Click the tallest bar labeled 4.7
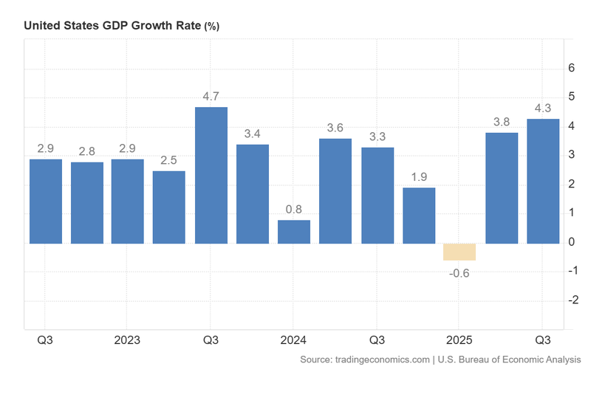[211, 175]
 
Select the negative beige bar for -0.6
[460, 252]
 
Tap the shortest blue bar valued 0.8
[294, 232]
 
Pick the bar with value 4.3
[543, 181]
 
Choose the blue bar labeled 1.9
[419, 216]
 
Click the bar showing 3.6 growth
[335, 190]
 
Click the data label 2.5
[169, 160]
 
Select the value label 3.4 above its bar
[252, 134]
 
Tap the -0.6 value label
[460, 273]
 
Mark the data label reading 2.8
[86, 151]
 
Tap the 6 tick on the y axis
[570, 68]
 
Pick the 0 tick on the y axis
[570, 242]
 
